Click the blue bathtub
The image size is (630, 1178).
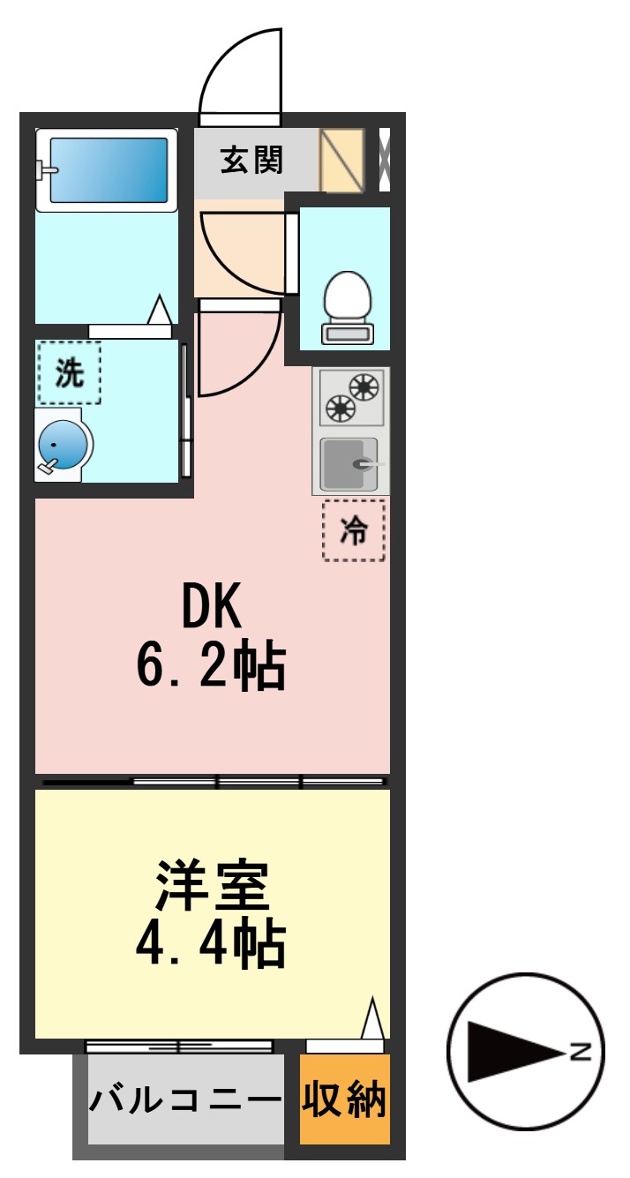pyautogui.click(x=107, y=169)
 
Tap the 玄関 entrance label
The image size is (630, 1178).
pyautogui.click(x=251, y=161)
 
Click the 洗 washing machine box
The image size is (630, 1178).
pyautogui.click(x=69, y=372)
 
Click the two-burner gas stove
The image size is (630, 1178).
pyautogui.click(x=351, y=397)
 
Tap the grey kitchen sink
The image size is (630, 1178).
pyautogui.click(x=349, y=463)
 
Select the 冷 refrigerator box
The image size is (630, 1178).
pyautogui.click(x=353, y=530)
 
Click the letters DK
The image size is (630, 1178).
pyautogui.click(x=211, y=608)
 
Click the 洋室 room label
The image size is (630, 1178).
pyautogui.click(x=212, y=886)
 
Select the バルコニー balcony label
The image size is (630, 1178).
pyautogui.click(x=184, y=1099)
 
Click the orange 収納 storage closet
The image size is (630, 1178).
pyautogui.click(x=344, y=1099)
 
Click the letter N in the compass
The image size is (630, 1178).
pyautogui.click(x=579, y=1051)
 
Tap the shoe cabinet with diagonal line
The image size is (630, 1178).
pyautogui.click(x=341, y=161)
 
